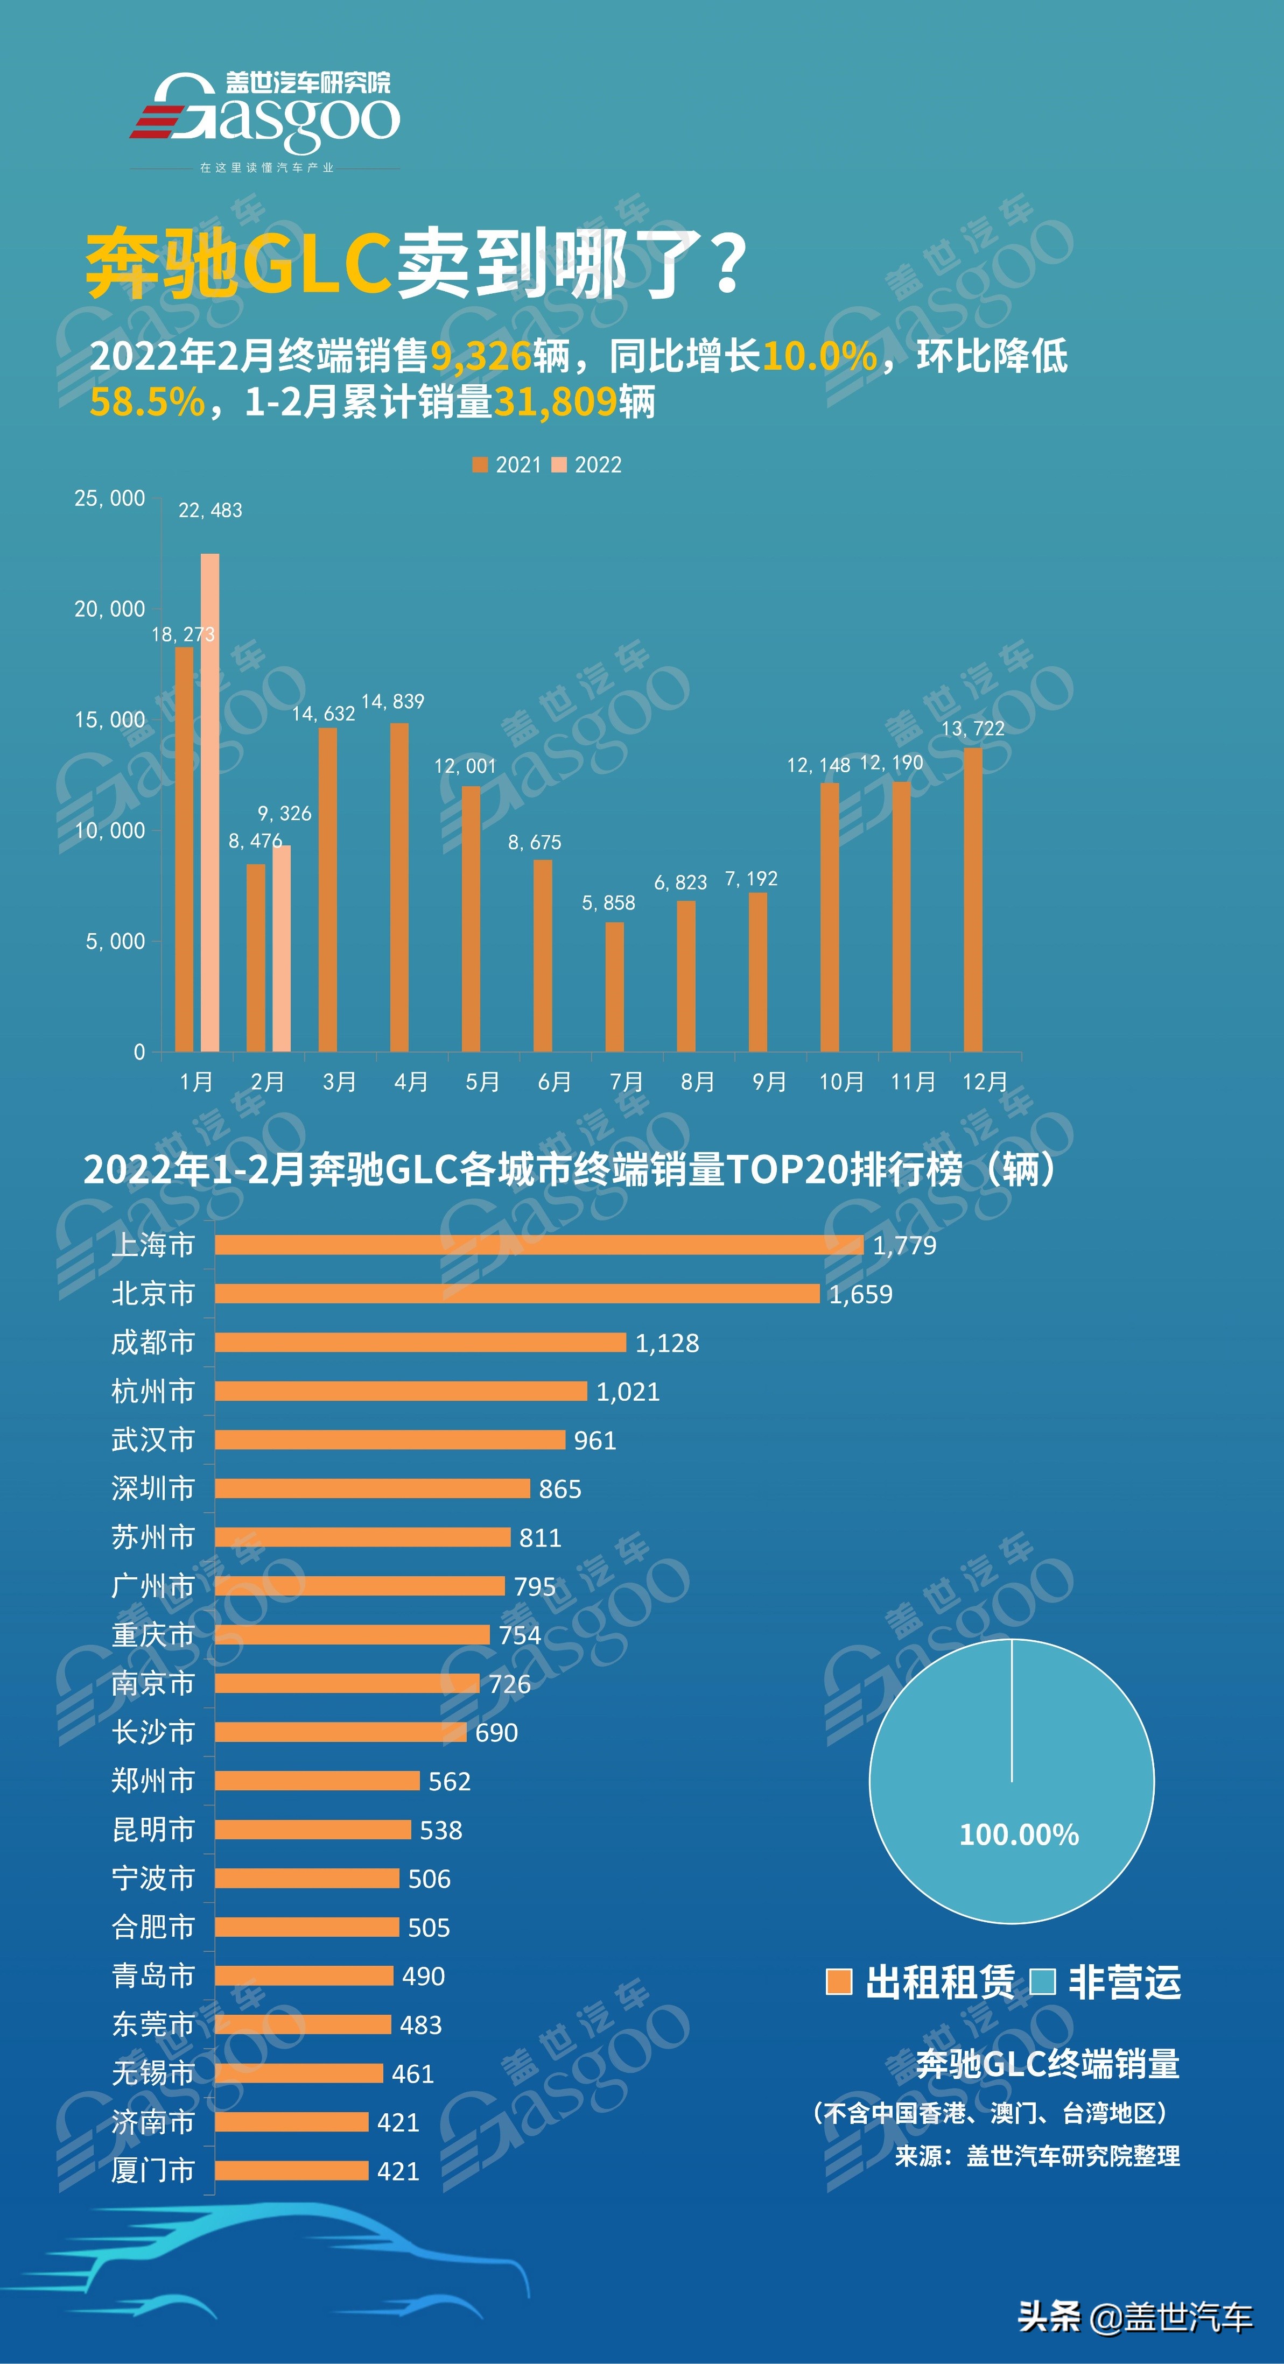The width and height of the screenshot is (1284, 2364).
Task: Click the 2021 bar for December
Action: [x=973, y=899]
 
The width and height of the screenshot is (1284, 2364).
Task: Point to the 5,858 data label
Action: [x=608, y=903]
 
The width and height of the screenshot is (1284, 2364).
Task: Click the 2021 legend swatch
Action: [x=479, y=465]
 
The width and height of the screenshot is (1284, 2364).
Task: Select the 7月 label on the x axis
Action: [x=627, y=1082]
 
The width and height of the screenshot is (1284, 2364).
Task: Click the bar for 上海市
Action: [x=539, y=1244]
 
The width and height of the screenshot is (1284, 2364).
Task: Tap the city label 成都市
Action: [x=153, y=1343]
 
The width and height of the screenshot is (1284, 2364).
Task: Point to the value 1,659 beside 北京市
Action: [x=860, y=1294]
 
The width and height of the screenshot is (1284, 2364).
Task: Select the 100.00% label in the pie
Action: [x=1019, y=1834]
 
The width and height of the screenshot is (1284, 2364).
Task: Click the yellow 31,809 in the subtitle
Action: [x=555, y=402]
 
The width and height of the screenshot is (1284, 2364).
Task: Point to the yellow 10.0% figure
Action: [x=819, y=356]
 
